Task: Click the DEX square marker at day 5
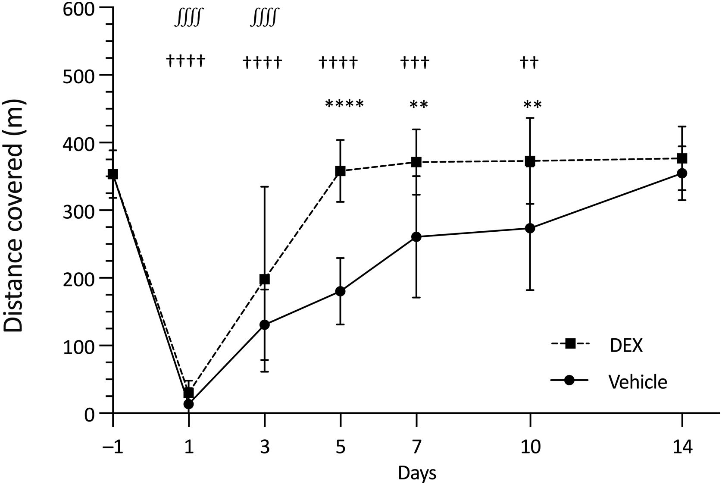[340, 171]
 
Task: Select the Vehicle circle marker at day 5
[340, 291]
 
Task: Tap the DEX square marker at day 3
[264, 280]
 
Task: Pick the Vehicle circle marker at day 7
[416, 237]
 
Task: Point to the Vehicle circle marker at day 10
[530, 228]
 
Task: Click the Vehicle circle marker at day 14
[682, 173]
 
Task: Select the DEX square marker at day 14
[682, 158]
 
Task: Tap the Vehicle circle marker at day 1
[188, 404]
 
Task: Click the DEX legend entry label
[626, 345]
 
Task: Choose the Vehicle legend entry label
[638, 382]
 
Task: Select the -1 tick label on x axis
[113, 447]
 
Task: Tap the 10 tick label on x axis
[530, 447]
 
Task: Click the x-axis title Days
[416, 473]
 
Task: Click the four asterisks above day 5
[344, 104]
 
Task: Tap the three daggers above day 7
[415, 63]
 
